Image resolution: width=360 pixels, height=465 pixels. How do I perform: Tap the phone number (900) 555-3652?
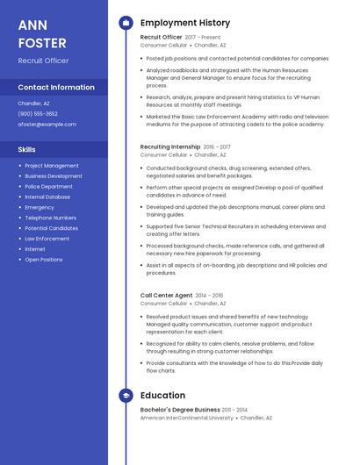38,113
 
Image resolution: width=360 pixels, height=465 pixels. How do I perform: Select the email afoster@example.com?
47,124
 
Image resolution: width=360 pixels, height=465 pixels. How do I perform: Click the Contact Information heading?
56,87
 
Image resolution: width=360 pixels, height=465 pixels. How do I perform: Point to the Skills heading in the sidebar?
26,149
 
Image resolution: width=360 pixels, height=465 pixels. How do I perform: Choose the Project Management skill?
51,165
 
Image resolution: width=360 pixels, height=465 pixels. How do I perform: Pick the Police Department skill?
48,186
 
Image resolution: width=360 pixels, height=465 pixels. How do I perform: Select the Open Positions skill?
43,260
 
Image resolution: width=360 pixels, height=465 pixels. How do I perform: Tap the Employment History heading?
184,23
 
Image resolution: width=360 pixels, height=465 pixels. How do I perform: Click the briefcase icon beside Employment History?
125,23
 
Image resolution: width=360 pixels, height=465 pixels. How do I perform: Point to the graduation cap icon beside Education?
125,396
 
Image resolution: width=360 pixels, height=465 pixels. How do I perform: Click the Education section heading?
162,396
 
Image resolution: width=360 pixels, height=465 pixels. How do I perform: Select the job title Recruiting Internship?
171,147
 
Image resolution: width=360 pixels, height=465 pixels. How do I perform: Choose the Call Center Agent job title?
166,295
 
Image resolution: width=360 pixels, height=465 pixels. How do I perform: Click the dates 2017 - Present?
203,37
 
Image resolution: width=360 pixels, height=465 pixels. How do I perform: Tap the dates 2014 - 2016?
209,295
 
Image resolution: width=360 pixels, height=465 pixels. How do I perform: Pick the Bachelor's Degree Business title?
180,410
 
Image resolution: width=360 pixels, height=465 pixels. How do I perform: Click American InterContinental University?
186,418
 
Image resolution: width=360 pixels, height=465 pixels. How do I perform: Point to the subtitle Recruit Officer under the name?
43,61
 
